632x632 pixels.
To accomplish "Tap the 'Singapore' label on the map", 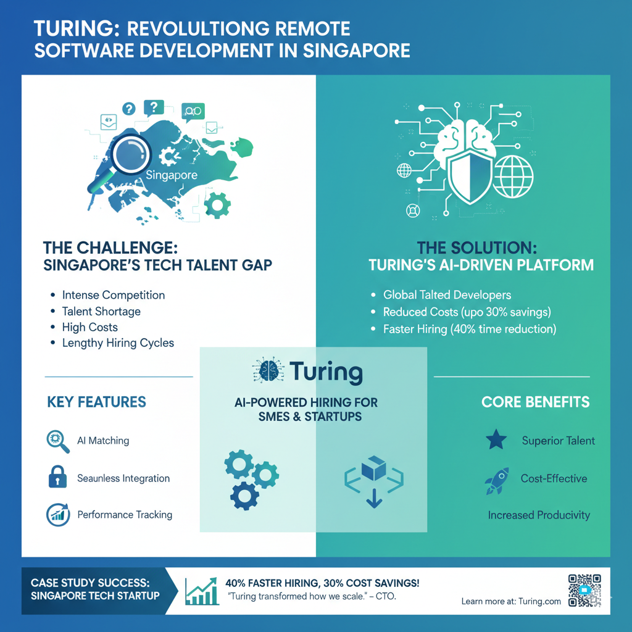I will coord(172,175).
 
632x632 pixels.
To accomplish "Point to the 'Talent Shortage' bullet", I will coord(101,311).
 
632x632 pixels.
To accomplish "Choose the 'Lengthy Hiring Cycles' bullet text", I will coord(118,343).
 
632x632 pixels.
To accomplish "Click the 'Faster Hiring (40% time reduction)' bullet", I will coord(470,329).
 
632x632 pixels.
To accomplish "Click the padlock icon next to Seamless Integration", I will coord(57,478).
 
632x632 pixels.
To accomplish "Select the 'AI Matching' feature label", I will coord(103,441).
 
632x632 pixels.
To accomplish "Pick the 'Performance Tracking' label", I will coord(125,515).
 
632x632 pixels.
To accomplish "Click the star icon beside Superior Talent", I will coord(496,441).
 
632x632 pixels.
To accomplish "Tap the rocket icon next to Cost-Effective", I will coord(497,480).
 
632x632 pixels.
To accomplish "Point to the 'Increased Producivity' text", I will coord(539,515).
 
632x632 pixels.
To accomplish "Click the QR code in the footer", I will coord(584,590).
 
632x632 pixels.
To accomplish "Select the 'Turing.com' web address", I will coord(539,601).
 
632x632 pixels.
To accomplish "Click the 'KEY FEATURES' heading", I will coord(96,402).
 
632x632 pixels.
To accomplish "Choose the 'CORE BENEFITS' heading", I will coord(535,402).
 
